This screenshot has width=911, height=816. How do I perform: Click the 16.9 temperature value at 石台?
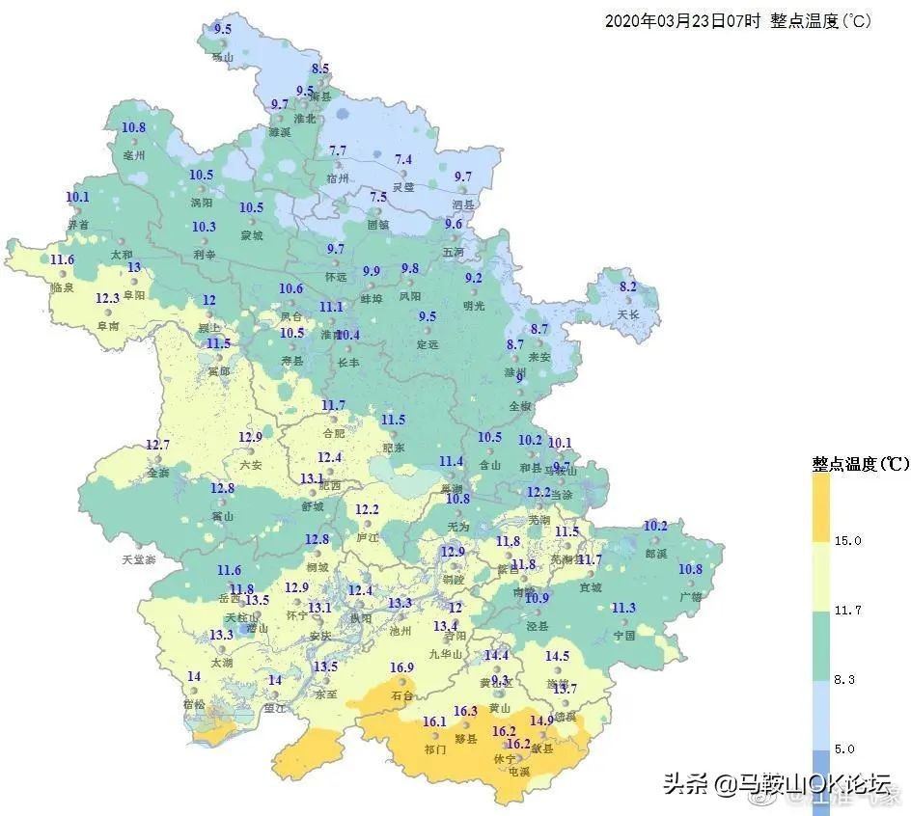[401, 668]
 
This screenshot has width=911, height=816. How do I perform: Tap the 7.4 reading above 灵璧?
[403, 159]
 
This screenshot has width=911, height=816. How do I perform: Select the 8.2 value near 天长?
[628, 286]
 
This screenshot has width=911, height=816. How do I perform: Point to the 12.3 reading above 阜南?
[107, 298]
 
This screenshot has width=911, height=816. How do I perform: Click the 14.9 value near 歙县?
[541, 721]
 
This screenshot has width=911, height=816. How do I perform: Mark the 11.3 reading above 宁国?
[623, 608]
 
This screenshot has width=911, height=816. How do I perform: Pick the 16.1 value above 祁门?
[434, 722]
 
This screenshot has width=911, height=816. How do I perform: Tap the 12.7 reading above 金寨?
[157, 445]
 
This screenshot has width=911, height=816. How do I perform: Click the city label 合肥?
[332, 433]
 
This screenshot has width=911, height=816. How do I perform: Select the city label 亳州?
[133, 155]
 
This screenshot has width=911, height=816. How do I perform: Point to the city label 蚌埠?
[372, 299]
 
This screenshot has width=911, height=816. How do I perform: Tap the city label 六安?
[250, 465]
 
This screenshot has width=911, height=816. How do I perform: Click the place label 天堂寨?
[138, 559]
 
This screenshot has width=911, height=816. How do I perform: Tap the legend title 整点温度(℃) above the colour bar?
[860, 464]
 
